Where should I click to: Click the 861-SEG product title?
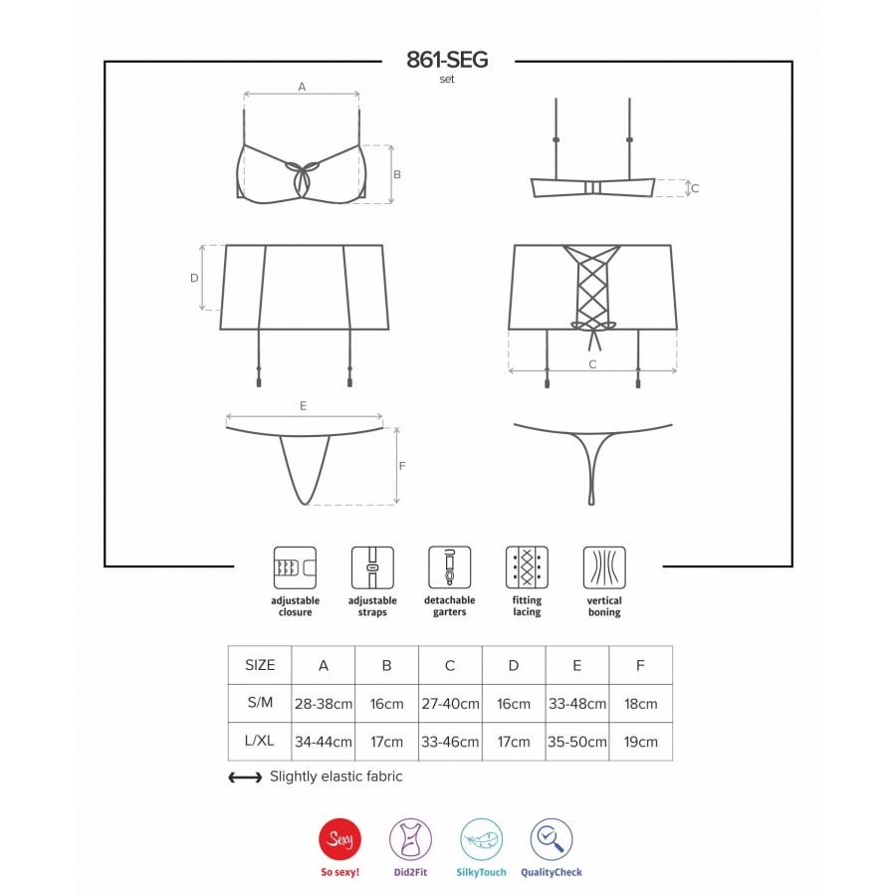tap(447, 60)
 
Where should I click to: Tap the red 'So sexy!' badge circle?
tap(340, 839)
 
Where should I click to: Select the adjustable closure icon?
tap(295, 567)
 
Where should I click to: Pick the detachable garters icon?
tap(450, 567)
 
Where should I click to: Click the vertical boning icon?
tap(604, 567)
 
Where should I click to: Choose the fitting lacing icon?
tap(527, 567)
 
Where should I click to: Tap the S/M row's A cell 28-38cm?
tap(324, 704)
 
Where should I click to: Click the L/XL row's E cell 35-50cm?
tap(577, 742)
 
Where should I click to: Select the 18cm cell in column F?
tap(640, 704)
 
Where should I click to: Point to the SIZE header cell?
tap(260, 665)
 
